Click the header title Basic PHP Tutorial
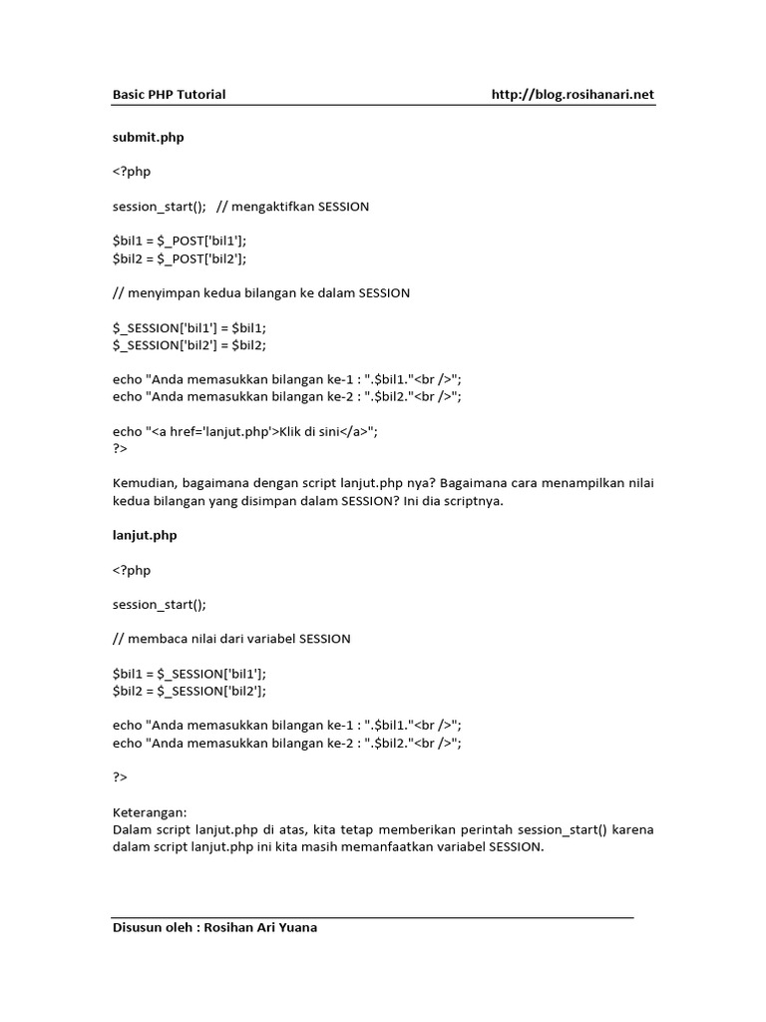click(x=169, y=95)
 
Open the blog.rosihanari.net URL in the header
click(x=573, y=95)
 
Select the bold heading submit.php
click(x=148, y=138)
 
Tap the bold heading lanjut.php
click(x=145, y=535)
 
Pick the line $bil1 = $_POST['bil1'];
click(x=180, y=241)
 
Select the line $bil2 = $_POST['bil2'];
click(x=180, y=257)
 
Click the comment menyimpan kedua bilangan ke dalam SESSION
click(x=261, y=292)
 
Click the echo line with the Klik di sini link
click(x=245, y=431)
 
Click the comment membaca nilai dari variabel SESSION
click(x=231, y=638)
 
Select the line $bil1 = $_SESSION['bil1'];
click(x=190, y=674)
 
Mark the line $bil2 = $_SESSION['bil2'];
click(x=190, y=691)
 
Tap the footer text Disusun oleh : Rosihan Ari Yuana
click(x=214, y=927)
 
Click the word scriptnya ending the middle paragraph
click(x=471, y=501)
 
